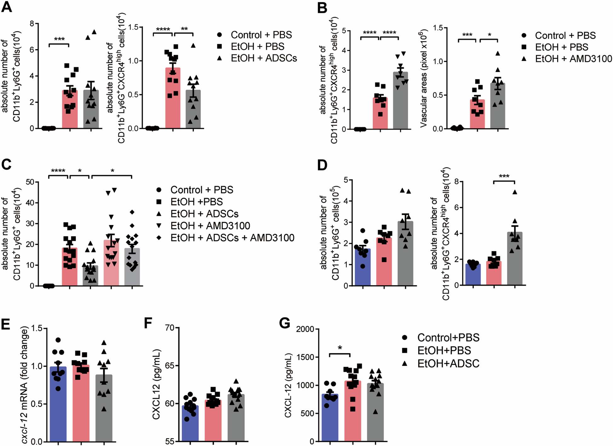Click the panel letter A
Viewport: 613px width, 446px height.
coord(7,7)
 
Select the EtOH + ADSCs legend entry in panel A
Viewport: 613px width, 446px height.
coord(264,58)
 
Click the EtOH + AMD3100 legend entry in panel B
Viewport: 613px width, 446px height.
coord(573,59)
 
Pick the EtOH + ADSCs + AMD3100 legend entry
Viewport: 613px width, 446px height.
coord(232,237)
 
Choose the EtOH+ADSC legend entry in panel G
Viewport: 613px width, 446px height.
coord(448,363)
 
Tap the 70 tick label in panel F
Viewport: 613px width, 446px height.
coord(170,328)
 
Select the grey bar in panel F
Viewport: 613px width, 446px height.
coord(236,419)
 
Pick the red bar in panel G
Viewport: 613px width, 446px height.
coord(353,413)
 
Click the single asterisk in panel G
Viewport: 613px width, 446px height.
coord(340,348)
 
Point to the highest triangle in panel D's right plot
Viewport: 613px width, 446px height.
coord(515,192)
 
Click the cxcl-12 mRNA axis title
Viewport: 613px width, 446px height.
coord(24,384)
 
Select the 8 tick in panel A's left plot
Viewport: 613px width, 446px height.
coord(32,24)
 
